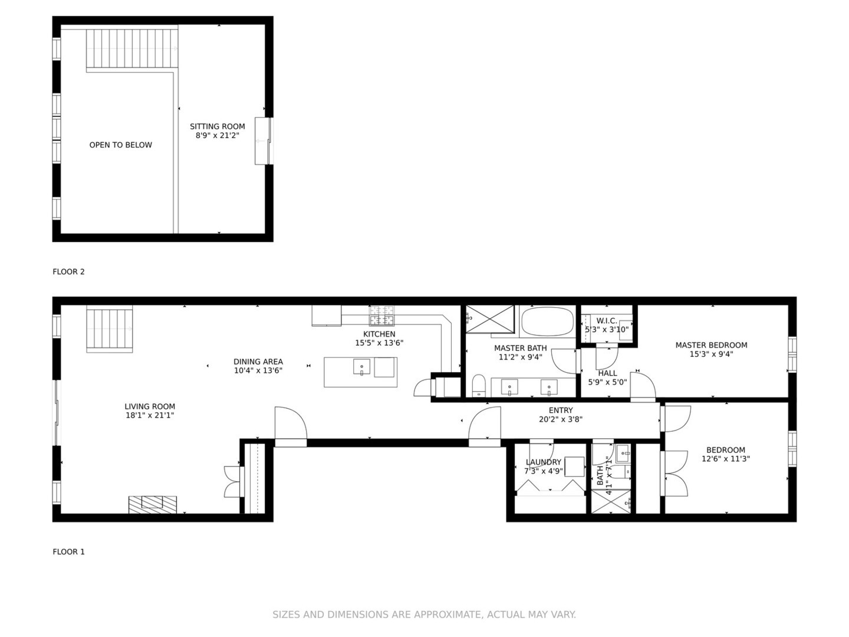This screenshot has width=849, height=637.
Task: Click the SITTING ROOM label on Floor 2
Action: point(217,126)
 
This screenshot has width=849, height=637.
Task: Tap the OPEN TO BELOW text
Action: point(120,145)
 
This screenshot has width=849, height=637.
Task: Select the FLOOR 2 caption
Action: point(68,272)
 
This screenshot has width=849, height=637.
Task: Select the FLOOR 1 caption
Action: point(68,552)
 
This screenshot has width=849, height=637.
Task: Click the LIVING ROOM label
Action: point(149,406)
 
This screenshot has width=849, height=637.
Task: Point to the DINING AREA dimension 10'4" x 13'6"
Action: point(258,371)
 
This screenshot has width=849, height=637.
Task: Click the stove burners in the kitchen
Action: point(381,316)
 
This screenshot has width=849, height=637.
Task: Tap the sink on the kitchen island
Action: point(361,367)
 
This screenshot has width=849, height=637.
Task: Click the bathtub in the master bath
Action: point(547,321)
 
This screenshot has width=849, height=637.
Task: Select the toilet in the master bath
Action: point(478,385)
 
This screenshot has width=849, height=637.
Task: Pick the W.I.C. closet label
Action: point(606,321)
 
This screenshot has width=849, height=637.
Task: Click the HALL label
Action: point(607,373)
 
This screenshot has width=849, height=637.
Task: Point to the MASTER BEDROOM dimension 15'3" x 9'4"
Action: point(711,354)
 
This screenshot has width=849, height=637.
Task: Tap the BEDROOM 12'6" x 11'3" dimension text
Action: point(725,459)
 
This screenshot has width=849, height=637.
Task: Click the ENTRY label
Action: point(560,411)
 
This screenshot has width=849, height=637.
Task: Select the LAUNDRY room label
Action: point(543,462)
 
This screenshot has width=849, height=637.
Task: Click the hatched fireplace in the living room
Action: point(152,504)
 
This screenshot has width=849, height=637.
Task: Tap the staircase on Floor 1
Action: point(109,329)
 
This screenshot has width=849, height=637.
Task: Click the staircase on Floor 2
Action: point(131,49)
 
